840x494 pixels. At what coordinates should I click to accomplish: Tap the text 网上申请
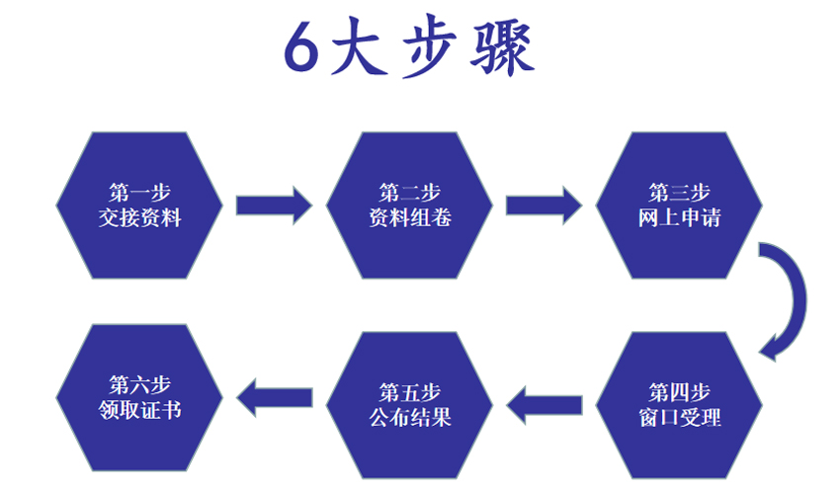679,217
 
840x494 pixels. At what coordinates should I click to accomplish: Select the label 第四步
679,389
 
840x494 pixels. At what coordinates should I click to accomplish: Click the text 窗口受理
679,416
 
